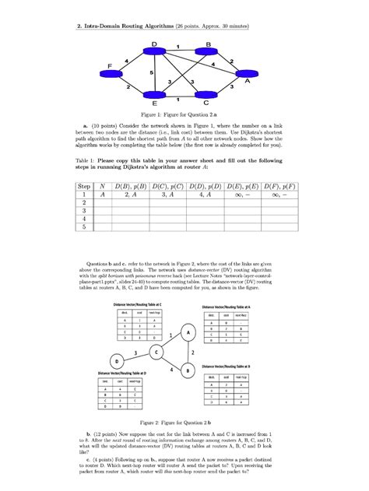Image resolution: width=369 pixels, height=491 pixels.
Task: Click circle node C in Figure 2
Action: [157, 353]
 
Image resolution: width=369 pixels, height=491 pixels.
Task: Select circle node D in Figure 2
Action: [118, 363]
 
